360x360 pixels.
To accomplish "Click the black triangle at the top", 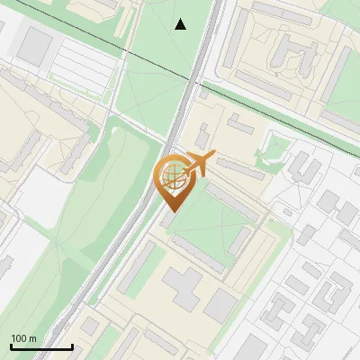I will (x=181, y=24).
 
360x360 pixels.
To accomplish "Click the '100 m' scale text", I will (x=23, y=338).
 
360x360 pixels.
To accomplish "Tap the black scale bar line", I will (x=40, y=347).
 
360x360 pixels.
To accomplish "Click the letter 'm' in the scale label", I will (x=32, y=338).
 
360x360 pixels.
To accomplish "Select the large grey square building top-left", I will (x=36, y=44).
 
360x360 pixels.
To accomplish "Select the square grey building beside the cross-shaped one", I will (x=220, y=306).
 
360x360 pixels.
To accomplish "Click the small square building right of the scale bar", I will (x=91, y=326).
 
